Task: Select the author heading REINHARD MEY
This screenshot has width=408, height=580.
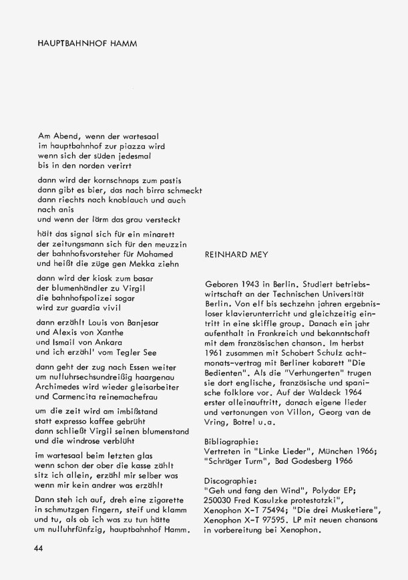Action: [x=236, y=255]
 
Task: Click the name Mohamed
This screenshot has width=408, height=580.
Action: [x=155, y=254]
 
